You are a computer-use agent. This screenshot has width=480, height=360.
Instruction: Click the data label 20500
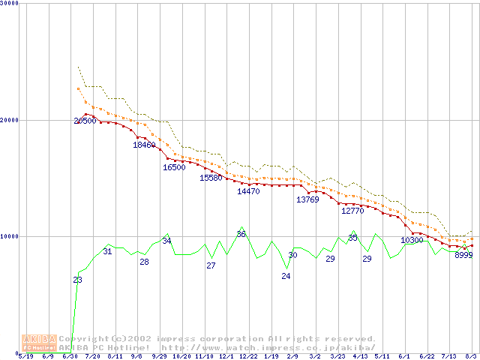point(85,121)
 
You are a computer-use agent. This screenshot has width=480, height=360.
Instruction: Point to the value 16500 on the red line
point(174,167)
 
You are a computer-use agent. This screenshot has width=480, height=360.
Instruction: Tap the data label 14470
point(248,191)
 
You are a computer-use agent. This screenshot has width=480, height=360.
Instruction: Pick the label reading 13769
point(307,199)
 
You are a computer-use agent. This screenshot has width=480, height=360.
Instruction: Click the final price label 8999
point(463,255)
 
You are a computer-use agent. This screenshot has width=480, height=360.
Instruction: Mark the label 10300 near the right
point(412,240)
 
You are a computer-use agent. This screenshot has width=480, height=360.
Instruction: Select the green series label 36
point(241,234)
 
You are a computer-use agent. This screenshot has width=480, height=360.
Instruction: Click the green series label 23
point(77,280)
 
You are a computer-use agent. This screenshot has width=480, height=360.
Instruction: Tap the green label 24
point(286,276)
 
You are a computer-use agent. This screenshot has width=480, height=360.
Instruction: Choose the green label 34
point(166,241)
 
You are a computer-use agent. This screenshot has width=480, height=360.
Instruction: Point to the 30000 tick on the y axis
point(10,3)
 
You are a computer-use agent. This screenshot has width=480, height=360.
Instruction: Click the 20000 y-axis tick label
point(10,120)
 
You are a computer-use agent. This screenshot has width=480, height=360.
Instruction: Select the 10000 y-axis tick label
point(10,236)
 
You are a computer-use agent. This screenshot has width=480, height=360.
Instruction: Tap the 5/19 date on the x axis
point(25,356)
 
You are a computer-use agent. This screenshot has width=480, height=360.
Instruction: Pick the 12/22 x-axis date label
point(248,356)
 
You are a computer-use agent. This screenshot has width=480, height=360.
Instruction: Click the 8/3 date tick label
point(472,356)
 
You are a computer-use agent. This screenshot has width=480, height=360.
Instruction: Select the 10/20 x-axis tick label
point(181,356)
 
